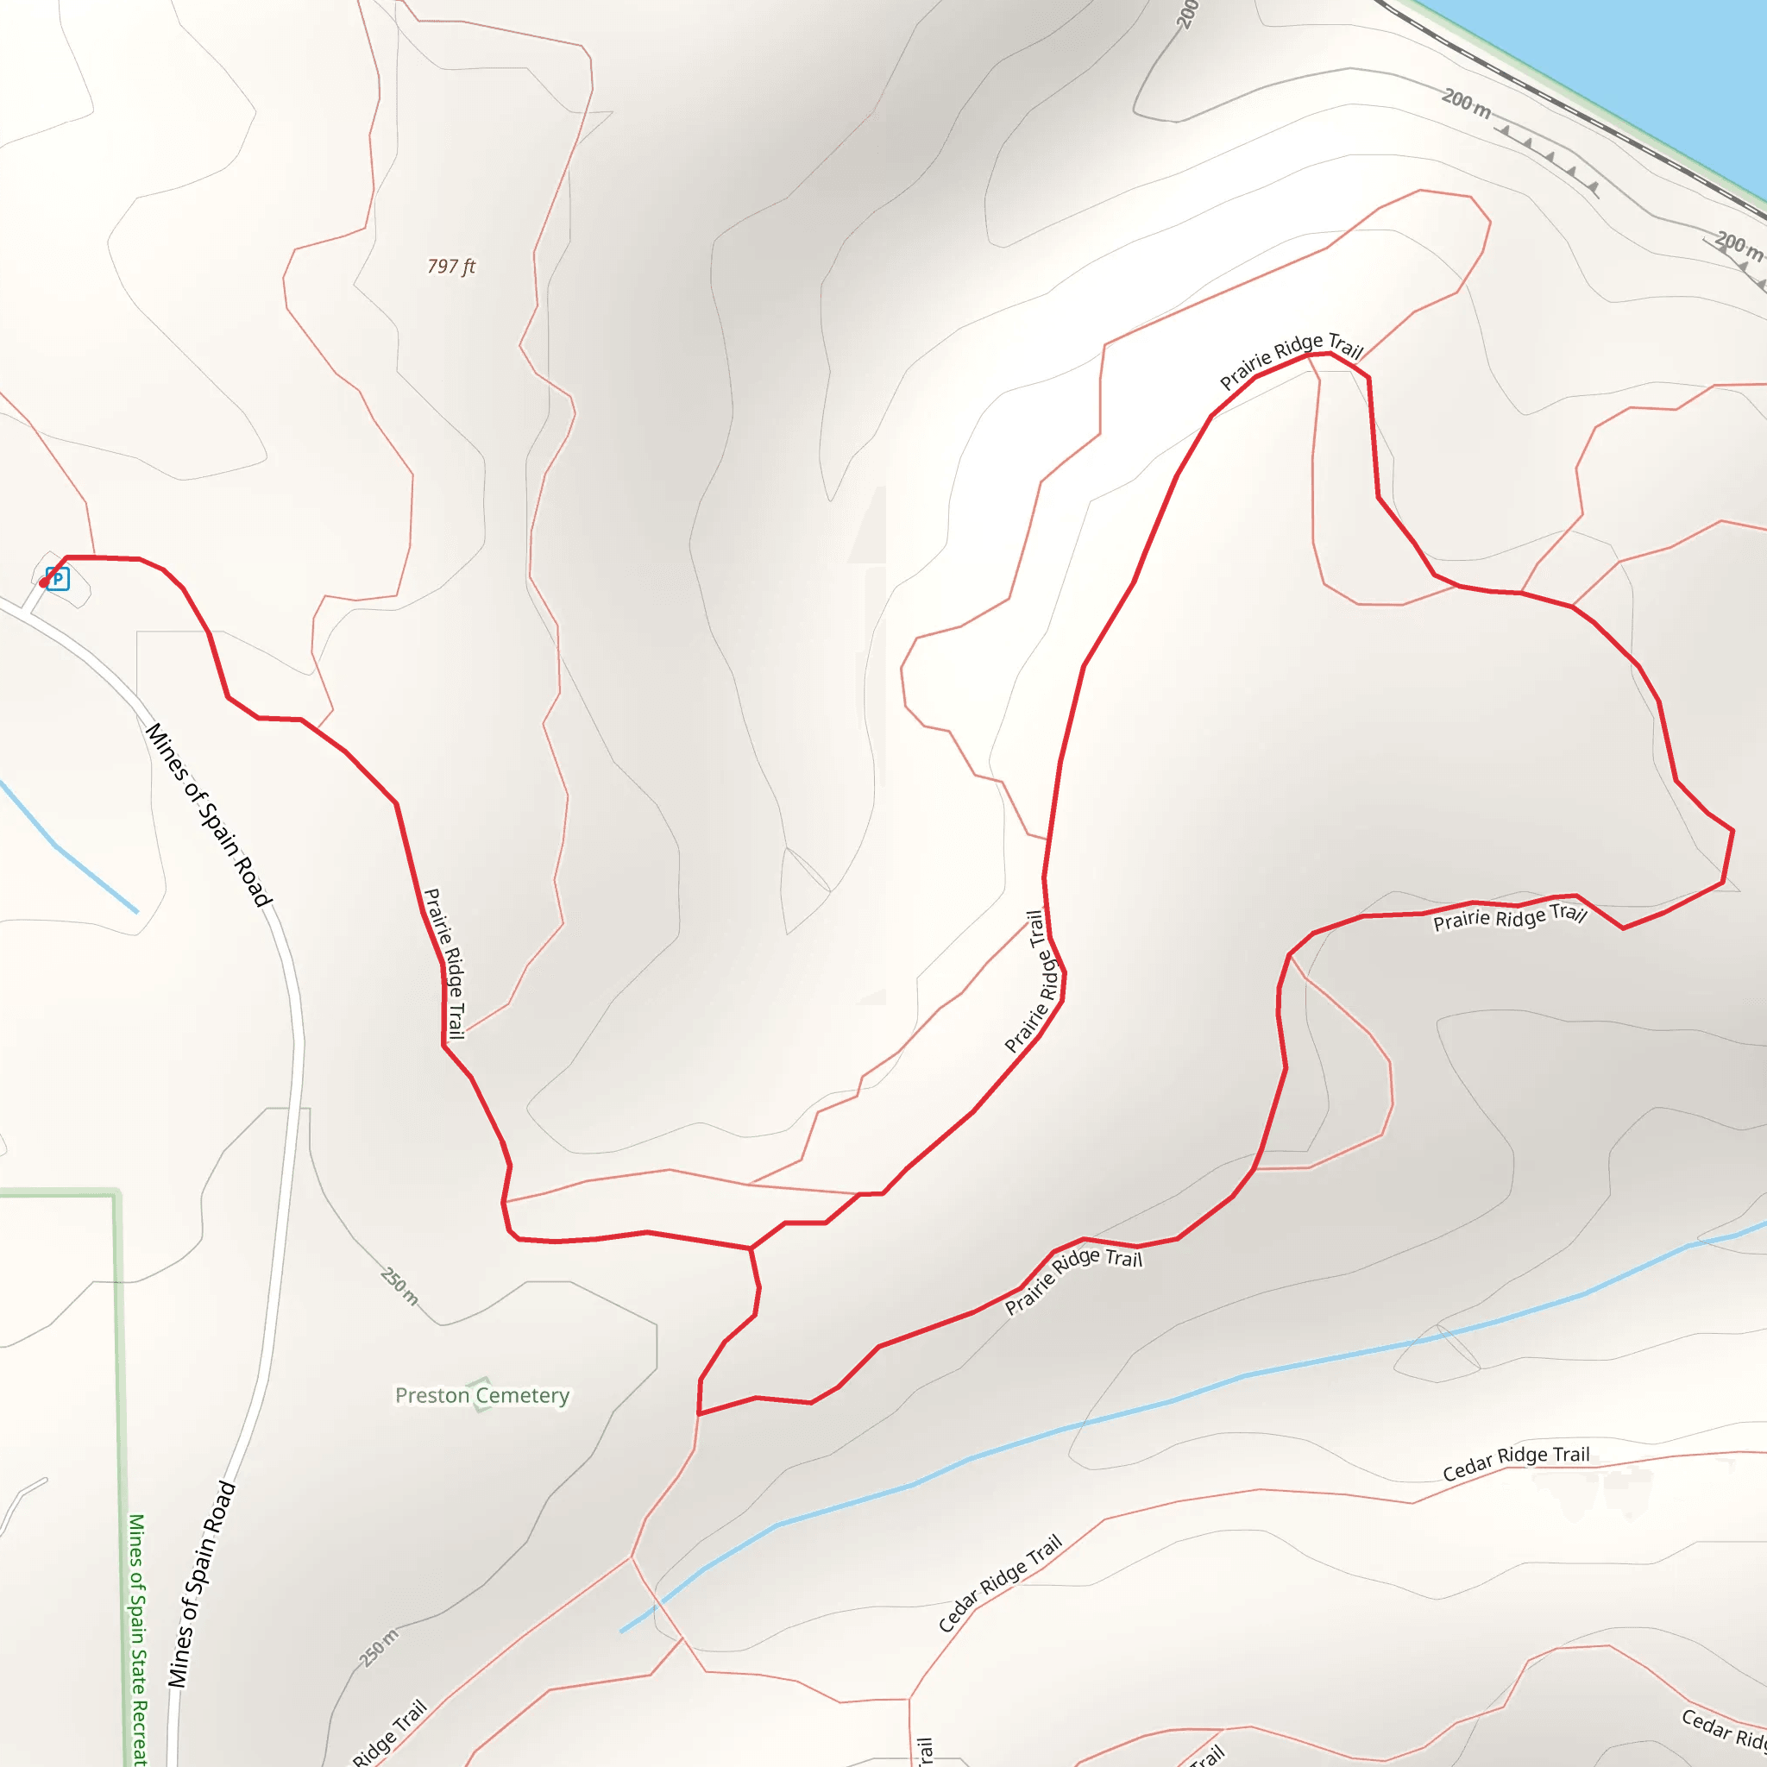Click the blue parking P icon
[x=58, y=579]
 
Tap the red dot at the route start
[x=43, y=582]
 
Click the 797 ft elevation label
[x=451, y=266]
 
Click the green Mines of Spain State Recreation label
[x=136, y=1637]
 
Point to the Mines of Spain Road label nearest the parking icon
[x=209, y=814]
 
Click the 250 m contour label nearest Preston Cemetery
[x=399, y=1286]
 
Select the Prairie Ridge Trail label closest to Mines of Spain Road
[x=444, y=963]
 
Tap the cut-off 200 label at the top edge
[x=1186, y=14]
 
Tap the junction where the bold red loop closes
[x=751, y=1248]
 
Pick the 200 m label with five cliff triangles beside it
[x=1466, y=103]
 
